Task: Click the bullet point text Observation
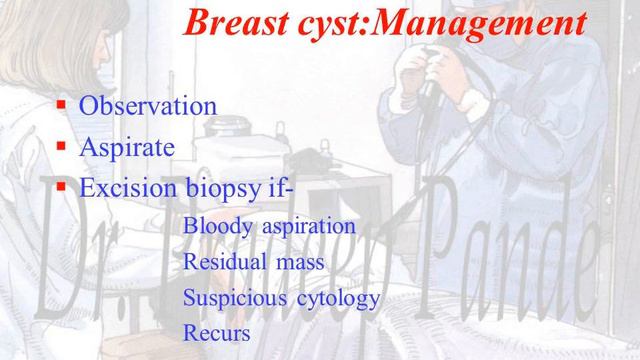click(148, 106)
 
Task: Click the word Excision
click(125, 187)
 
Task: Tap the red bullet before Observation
click(61, 104)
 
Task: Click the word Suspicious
click(229, 298)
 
